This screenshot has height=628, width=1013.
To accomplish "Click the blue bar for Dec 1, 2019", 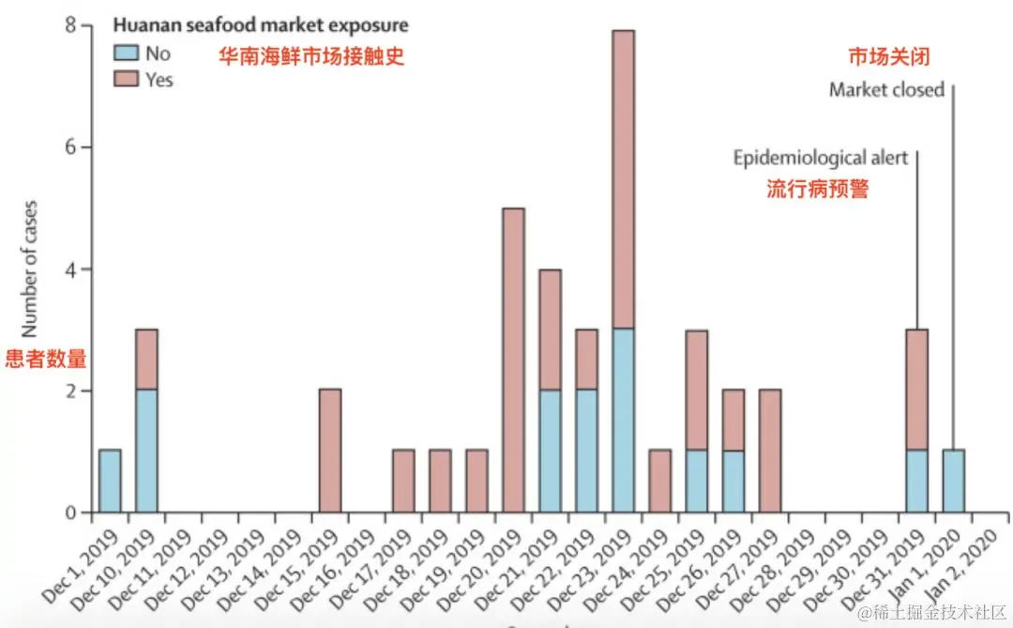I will pos(110,481).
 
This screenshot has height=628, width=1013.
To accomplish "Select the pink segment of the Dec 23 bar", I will pos(623,178).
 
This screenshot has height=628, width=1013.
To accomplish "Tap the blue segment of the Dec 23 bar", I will pos(623,421).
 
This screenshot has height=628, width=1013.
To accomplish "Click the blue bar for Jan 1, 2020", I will pos(953,481).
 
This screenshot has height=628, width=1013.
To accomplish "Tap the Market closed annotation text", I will pos(886,91).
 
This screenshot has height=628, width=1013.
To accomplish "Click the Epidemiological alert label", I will pos(820,158).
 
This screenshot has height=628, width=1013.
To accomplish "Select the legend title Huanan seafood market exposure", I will pos(261,25).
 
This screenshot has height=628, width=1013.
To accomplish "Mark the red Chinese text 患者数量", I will pos(46,359).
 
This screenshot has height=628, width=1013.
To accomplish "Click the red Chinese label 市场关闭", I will pos(888,57).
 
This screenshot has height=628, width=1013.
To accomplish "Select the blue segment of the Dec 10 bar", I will pos(146,451).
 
